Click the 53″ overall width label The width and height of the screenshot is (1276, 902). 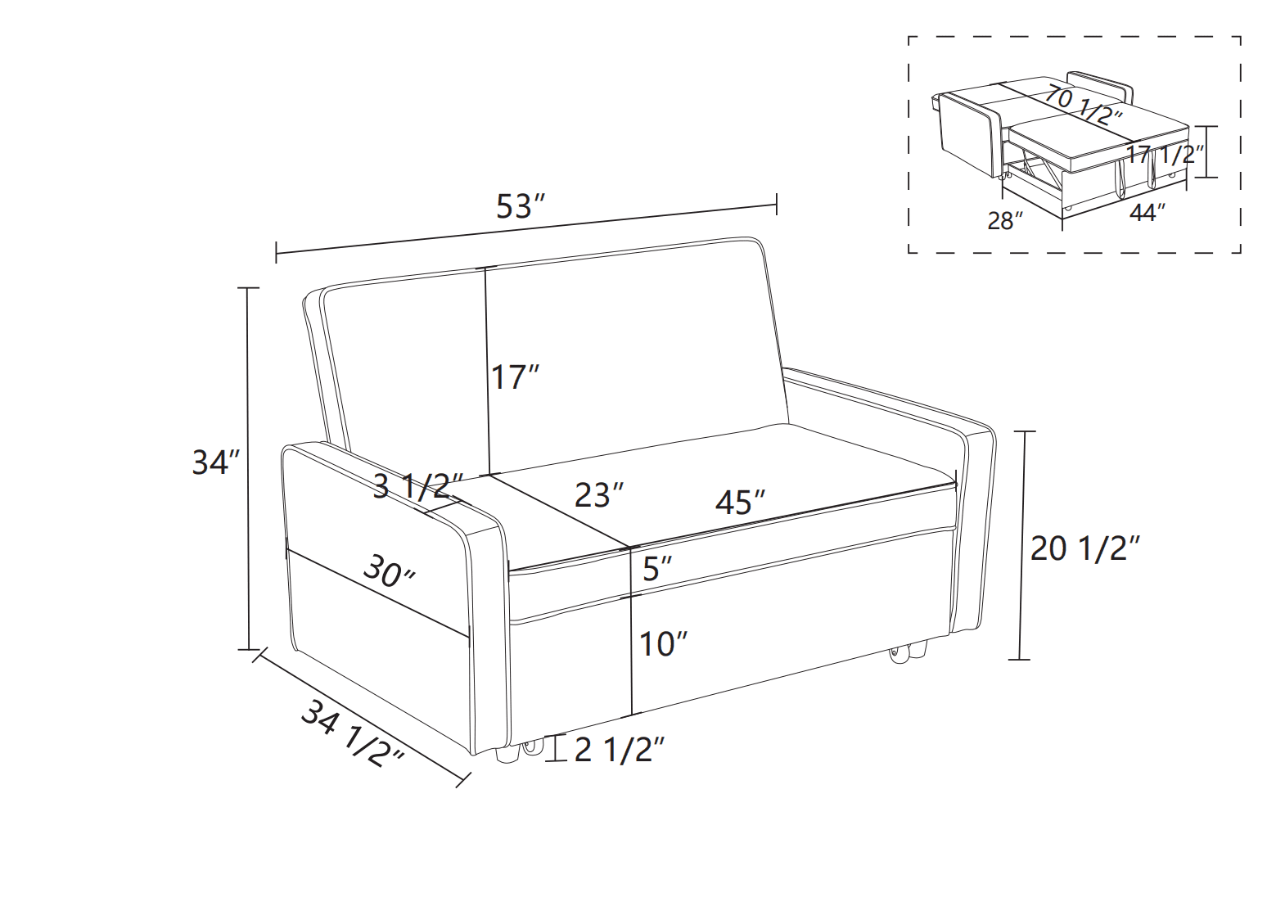click(521, 206)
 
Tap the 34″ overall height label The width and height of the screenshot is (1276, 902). click(216, 462)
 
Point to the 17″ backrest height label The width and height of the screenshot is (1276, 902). click(515, 377)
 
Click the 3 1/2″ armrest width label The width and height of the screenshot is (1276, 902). click(419, 486)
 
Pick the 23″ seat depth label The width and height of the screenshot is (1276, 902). click(599, 495)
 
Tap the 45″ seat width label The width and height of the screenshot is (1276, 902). click(741, 503)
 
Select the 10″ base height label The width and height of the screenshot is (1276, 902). click(664, 644)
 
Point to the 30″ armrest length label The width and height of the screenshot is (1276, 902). click(390, 571)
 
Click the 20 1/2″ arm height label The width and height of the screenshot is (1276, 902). click(1085, 548)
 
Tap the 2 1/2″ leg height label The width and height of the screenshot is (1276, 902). click(620, 750)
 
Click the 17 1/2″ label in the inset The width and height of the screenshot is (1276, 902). click(1165, 154)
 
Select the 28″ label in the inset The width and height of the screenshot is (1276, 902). click(1005, 220)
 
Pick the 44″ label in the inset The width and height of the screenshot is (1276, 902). click(1147, 213)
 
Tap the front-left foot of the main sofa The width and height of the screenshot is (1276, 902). click(507, 754)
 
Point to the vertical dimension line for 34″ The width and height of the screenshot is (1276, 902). click(248, 468)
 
